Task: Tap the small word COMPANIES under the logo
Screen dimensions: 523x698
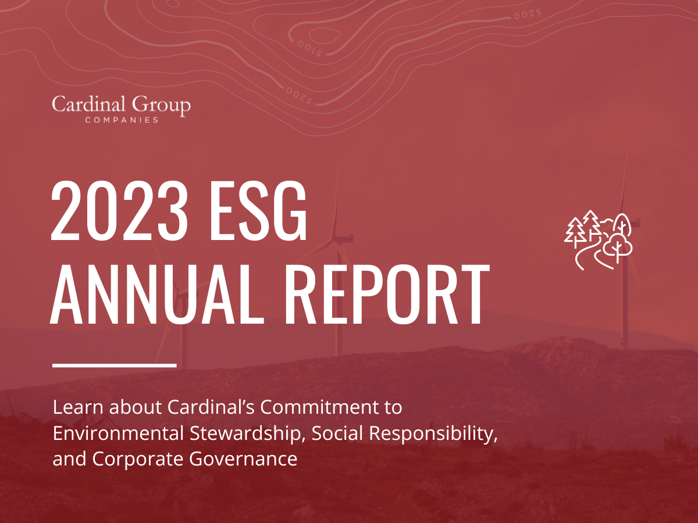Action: tap(121, 120)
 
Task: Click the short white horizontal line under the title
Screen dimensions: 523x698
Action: tap(114, 365)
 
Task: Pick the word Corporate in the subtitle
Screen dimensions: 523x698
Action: tap(139, 459)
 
